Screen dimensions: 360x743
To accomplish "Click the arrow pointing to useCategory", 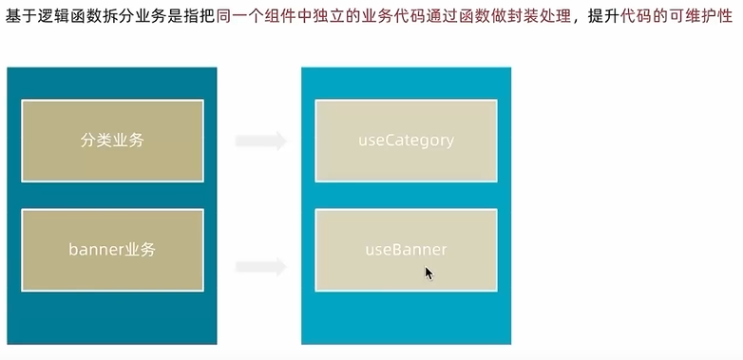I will tap(260, 142).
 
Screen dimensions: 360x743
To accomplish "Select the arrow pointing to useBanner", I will tap(260, 267).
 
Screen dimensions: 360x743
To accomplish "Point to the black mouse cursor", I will tap(429, 273).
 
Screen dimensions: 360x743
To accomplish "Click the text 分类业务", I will tap(112, 141).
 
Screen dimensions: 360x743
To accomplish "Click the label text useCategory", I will tap(406, 141).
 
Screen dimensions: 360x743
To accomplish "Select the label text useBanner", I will tap(406, 250).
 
